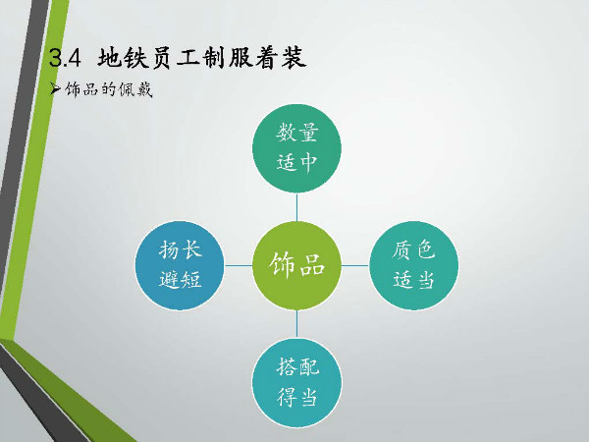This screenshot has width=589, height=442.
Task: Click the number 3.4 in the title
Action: [x=65, y=59]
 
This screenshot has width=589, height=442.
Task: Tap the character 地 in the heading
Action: [x=110, y=58]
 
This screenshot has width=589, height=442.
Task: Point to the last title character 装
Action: [x=294, y=58]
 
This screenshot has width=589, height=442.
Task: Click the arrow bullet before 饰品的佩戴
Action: [x=55, y=89]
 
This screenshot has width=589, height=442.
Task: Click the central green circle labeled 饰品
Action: [x=296, y=265]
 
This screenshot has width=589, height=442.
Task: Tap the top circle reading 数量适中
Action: [x=296, y=148]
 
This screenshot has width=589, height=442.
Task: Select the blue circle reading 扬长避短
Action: [x=180, y=265]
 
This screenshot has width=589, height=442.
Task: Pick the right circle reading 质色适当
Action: [x=413, y=265]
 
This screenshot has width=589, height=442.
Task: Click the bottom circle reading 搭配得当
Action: [x=296, y=383]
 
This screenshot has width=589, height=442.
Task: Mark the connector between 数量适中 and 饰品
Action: [x=296, y=207]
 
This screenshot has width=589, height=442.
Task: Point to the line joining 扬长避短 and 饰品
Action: [x=239, y=265]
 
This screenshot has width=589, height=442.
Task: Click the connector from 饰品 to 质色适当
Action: [x=355, y=265]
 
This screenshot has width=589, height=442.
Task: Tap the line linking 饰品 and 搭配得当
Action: [x=296, y=324]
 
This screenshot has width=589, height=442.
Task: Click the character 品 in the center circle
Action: [x=312, y=265]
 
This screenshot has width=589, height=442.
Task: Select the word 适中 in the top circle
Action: [x=296, y=162]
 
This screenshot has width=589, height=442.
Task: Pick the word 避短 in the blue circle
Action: [x=180, y=279]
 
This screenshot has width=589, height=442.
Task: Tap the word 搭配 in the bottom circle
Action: [x=297, y=366]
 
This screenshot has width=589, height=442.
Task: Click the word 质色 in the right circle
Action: [x=413, y=249]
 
